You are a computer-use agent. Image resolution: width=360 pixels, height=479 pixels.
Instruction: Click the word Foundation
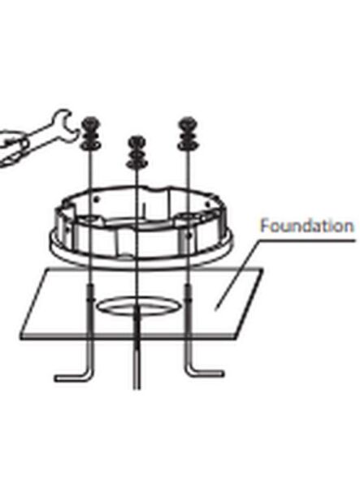[x=307, y=226]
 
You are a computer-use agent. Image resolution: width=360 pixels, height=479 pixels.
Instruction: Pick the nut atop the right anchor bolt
[x=187, y=123]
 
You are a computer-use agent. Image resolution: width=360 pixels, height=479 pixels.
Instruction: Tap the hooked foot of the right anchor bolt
[x=206, y=372]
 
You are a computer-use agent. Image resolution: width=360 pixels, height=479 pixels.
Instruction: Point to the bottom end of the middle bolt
[x=137, y=388]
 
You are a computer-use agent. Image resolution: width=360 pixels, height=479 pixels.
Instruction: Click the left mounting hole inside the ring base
[x=91, y=219]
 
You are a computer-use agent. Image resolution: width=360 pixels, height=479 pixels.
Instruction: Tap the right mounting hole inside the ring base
[x=189, y=216]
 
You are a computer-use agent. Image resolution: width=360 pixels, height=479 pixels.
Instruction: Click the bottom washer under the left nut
[x=90, y=145]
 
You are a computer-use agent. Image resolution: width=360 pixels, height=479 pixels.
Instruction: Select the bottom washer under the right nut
[x=188, y=145]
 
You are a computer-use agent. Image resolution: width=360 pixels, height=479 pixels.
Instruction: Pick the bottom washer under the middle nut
[x=137, y=164]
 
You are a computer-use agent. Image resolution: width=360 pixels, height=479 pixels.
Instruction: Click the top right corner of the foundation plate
[x=263, y=269]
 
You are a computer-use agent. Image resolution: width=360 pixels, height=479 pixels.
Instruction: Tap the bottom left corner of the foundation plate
[x=21, y=337]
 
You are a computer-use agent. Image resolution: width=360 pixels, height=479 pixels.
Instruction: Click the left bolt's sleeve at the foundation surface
[x=91, y=293]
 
